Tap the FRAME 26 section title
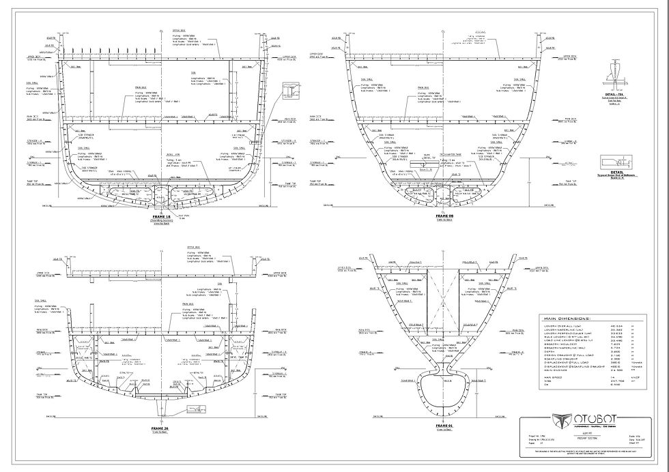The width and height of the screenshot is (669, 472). [x=162, y=428]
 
